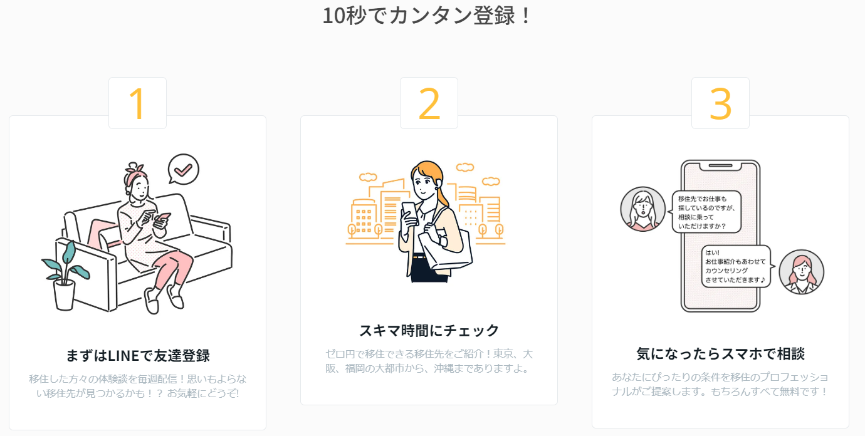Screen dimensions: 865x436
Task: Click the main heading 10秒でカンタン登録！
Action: point(427,16)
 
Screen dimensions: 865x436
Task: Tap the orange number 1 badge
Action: point(137,103)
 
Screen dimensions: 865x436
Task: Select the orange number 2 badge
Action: point(429,103)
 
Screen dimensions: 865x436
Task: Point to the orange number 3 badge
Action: point(721,103)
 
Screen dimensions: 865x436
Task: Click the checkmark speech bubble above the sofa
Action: point(184,169)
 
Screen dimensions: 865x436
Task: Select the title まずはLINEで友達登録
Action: point(138,355)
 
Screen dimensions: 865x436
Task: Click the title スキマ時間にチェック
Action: point(429,331)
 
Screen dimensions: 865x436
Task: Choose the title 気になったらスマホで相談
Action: point(721,354)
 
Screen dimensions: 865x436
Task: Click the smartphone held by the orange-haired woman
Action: point(409,213)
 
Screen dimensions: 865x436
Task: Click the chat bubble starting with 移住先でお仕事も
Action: point(706,212)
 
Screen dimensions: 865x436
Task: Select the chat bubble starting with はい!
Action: point(736,266)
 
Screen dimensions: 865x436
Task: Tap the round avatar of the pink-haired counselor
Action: point(801,272)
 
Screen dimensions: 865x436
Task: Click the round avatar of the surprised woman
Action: point(643,209)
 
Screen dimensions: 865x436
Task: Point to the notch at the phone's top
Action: point(721,166)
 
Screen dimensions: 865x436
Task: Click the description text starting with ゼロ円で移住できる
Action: point(429,361)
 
